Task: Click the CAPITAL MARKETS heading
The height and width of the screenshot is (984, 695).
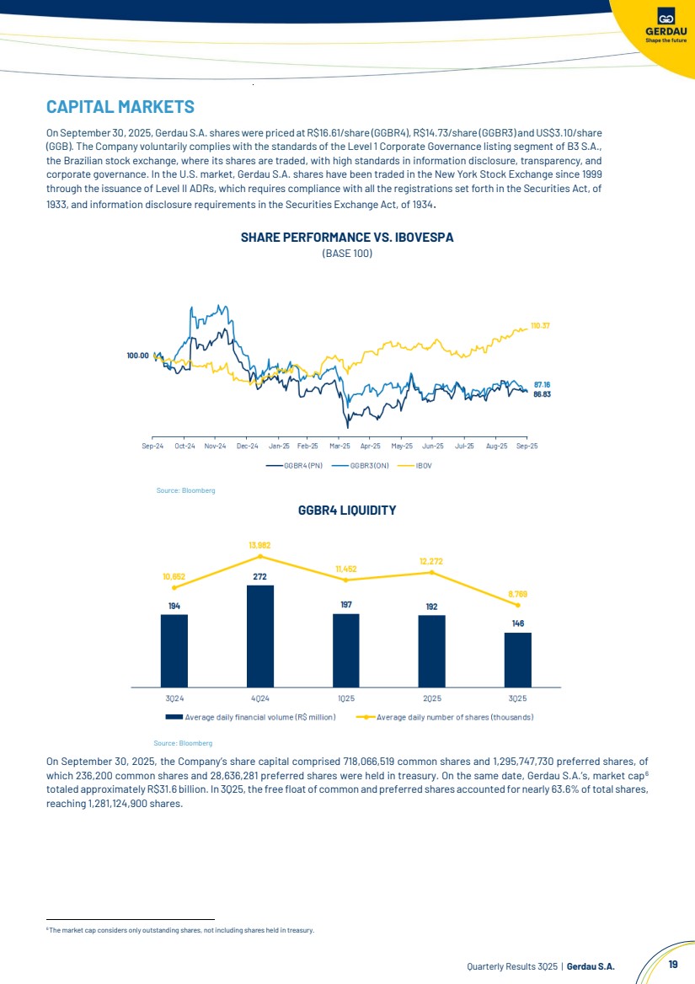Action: coord(120,107)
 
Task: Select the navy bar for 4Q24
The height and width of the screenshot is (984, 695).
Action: coord(260,635)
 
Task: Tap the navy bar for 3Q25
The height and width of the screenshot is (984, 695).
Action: coord(518,659)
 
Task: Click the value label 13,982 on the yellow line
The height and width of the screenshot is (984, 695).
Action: coord(259,545)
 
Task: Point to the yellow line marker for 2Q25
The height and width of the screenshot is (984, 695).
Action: coord(431,572)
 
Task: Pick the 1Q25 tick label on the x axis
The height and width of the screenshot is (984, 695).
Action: coord(346,698)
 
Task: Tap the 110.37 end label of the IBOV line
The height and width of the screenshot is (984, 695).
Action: coord(541,325)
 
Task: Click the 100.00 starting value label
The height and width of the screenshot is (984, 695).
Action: coord(137,356)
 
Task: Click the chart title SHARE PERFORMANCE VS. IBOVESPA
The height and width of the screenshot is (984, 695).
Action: coord(347,238)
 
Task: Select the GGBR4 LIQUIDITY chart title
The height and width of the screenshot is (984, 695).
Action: coord(347,511)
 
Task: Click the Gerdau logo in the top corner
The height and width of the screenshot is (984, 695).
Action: coord(666,24)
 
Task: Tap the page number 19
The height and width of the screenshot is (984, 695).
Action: coord(672,965)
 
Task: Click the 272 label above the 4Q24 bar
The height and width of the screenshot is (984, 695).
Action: coord(260,576)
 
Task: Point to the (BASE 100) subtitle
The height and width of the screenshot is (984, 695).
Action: coord(347,253)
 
